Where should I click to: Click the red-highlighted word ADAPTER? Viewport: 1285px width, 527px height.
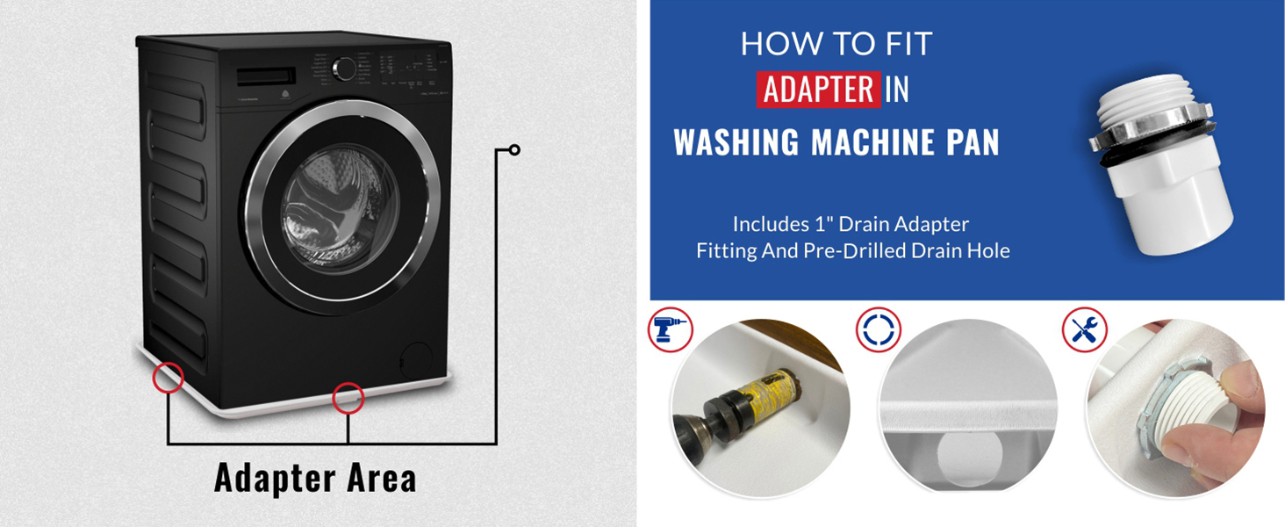(818, 90)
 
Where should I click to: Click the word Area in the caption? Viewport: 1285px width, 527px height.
(380, 479)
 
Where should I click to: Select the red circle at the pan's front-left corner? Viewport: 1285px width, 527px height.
(168, 378)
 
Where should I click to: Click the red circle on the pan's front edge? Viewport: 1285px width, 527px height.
(348, 398)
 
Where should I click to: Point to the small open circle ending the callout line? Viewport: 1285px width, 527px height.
(514, 150)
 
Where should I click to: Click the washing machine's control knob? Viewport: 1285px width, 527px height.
(344, 69)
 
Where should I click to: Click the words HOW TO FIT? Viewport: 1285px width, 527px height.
(836, 44)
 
